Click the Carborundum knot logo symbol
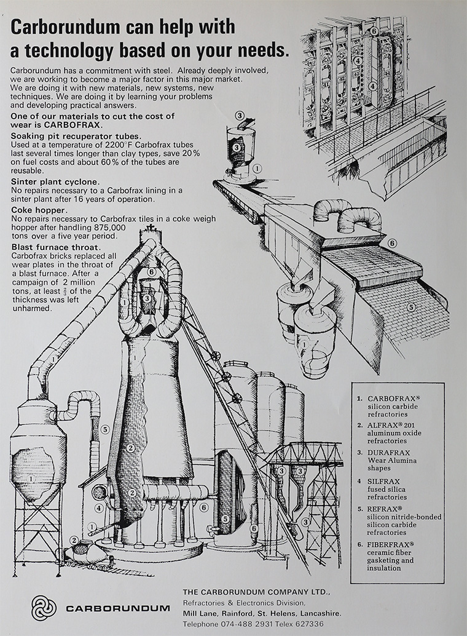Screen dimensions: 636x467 (x=44, y=608)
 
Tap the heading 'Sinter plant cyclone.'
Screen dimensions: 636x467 (x=55, y=182)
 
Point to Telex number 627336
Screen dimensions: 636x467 (x=305, y=624)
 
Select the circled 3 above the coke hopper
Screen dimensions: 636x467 (x=240, y=115)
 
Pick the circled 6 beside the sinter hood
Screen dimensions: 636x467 (x=392, y=244)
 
